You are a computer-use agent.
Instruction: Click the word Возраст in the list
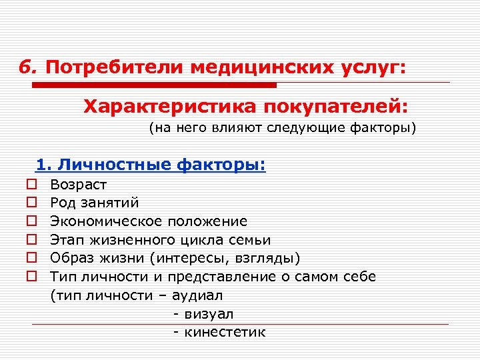tap(79, 184)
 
